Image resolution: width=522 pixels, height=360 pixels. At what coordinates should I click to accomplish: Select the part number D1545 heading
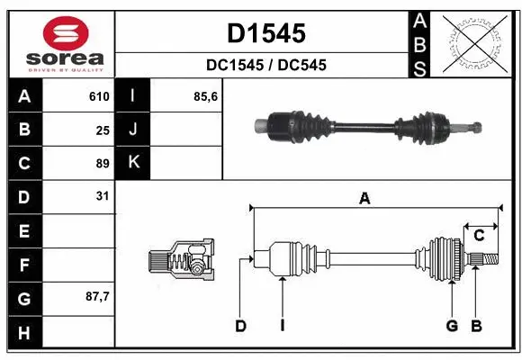(x=265, y=33)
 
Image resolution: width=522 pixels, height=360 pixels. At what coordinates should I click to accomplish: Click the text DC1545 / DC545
(x=265, y=65)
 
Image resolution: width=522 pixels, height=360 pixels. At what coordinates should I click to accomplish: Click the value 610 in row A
(x=99, y=96)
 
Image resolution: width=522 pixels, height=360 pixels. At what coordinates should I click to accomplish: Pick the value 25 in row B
(x=103, y=130)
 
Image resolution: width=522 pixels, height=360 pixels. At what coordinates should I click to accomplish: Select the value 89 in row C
(x=103, y=163)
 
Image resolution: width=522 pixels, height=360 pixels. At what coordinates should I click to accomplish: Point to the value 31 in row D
(x=103, y=196)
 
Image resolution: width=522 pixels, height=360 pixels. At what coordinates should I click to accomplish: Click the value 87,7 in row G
(x=96, y=296)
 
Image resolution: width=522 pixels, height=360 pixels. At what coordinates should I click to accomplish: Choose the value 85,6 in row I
(x=207, y=96)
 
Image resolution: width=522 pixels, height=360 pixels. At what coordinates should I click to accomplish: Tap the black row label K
(x=133, y=163)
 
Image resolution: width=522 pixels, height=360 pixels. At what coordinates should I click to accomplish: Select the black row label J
(x=133, y=130)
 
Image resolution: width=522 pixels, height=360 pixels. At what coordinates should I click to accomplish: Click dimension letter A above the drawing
(x=364, y=200)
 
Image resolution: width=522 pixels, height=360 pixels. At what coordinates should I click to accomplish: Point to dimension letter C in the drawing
(x=479, y=236)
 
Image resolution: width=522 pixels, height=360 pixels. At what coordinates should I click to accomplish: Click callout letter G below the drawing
(x=453, y=326)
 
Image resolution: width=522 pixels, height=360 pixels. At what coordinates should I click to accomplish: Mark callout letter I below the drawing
(x=282, y=326)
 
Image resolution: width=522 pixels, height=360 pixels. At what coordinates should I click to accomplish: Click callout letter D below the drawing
(x=240, y=326)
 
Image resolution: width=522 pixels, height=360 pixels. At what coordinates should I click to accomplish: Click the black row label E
(x=24, y=230)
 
